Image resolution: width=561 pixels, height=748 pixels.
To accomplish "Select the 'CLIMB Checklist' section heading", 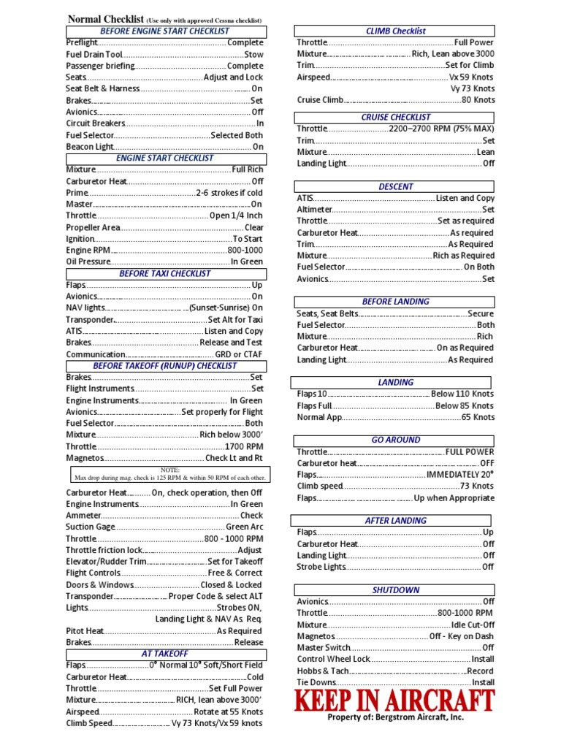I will [394, 31].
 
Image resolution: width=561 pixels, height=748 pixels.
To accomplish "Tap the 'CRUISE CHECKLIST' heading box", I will [395, 117].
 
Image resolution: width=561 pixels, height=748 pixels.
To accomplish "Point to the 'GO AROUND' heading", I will [395, 440].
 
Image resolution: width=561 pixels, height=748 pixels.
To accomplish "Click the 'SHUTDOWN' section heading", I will [395, 589].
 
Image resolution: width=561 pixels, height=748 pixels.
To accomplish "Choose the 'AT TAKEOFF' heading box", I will [165, 654].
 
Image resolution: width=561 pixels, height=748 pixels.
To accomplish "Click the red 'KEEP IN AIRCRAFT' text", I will [394, 701].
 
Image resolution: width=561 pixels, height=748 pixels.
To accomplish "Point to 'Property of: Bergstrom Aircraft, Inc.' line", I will [395, 717].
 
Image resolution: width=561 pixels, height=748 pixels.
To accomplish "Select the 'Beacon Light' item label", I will [90, 147].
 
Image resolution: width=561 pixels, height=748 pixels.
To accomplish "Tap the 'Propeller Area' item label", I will [93, 228].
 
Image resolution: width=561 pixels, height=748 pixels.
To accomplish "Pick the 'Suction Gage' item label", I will [91, 527].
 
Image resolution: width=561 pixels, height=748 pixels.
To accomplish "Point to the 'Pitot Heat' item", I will [85, 631].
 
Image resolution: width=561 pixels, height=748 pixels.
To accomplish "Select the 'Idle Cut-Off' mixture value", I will [473, 625].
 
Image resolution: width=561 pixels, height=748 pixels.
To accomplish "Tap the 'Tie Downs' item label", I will [316, 682].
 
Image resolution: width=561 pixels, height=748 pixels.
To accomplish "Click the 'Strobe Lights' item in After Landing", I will [321, 567].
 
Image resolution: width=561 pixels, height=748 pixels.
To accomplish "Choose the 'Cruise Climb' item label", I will [320, 100].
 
